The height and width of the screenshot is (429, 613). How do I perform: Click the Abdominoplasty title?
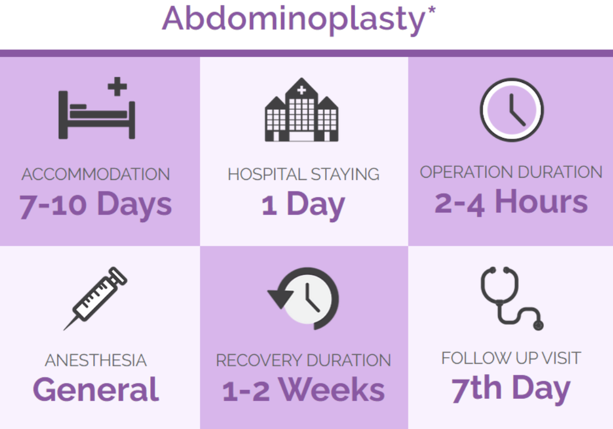coord(293,20)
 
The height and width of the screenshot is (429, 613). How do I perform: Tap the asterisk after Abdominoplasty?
coord(431,11)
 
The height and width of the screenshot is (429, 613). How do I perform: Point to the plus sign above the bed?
coord(117,87)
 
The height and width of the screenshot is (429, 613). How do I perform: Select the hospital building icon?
coord(302,110)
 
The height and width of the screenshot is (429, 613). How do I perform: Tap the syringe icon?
coord(95,298)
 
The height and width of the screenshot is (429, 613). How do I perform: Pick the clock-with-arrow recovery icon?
coord(303,298)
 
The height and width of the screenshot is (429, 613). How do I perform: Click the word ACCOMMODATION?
coord(96,174)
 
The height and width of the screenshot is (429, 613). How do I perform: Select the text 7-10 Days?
coord(96,205)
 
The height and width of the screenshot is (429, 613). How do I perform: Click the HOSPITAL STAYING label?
coord(303,174)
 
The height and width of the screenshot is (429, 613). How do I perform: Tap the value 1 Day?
coord(303,205)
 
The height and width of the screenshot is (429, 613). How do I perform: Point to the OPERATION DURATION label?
coord(511,172)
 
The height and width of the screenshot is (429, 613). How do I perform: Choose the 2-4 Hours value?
coord(511,202)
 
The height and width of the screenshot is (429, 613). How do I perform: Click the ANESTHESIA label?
coord(96,360)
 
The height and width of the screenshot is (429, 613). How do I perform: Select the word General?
coord(96,390)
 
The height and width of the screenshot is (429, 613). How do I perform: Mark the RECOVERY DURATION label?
coord(303,360)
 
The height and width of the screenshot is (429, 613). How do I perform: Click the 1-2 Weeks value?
coord(303,390)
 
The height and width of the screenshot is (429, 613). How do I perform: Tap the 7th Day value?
coord(511,388)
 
